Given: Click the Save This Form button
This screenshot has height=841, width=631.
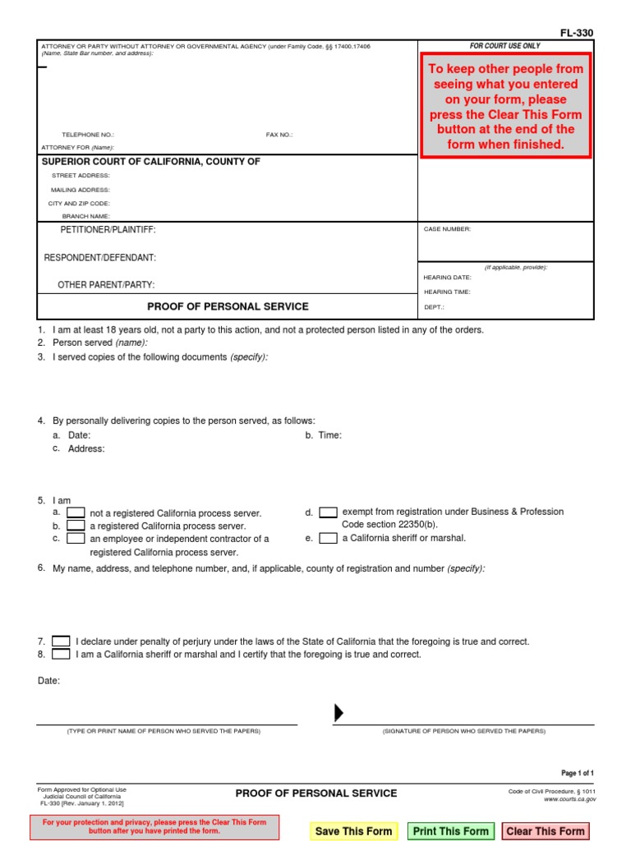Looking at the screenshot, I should (x=353, y=831).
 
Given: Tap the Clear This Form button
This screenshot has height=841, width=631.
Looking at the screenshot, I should (x=546, y=831).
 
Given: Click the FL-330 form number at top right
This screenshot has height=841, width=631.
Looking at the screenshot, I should (x=576, y=33).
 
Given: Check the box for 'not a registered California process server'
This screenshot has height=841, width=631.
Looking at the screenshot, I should (x=76, y=512).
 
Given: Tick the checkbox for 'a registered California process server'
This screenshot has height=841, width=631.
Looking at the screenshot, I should (x=76, y=526).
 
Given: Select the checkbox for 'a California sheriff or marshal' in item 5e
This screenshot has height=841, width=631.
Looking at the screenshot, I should (x=328, y=539).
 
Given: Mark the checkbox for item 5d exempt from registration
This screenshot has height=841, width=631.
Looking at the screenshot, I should (x=328, y=512).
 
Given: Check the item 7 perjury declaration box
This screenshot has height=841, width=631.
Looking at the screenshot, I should (x=61, y=641).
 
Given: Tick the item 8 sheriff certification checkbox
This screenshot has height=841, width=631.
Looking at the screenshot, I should (x=61, y=655).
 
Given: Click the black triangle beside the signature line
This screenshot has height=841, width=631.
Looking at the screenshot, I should (x=339, y=713).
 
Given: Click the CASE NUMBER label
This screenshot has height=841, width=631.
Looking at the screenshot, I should (x=447, y=229).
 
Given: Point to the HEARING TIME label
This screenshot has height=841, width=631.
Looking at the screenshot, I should (x=447, y=292).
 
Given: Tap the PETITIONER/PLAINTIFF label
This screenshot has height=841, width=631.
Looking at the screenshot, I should (x=108, y=230).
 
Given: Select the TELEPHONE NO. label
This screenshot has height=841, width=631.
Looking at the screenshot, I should (x=88, y=135).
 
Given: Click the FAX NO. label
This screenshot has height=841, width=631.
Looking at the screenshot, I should (x=279, y=135).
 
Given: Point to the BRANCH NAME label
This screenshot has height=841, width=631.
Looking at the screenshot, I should (x=86, y=216).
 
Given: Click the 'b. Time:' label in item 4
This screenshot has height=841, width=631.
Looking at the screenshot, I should (x=324, y=435).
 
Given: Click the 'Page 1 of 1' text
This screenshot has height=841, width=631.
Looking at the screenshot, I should (x=577, y=774).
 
